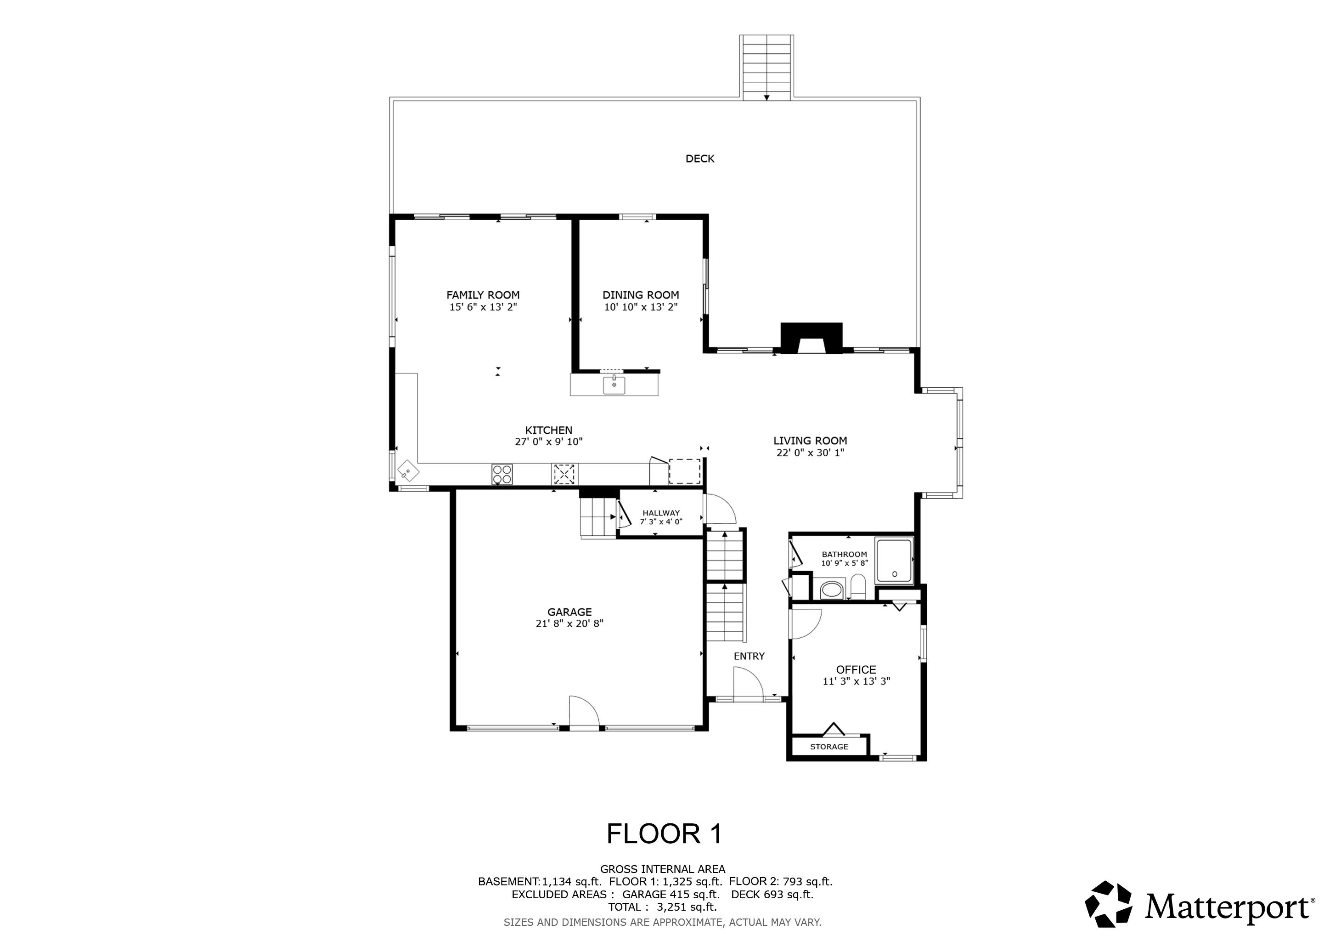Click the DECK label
click(700, 159)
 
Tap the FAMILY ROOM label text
click(483, 295)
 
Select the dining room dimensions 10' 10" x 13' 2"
click(641, 307)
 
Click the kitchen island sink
click(614, 385)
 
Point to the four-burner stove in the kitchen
click(502, 474)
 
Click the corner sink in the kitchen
click(408, 471)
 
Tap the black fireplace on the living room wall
click(812, 338)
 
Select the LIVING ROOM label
click(810, 441)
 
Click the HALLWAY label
click(661, 513)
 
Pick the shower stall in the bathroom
click(894, 560)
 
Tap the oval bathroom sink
click(833, 590)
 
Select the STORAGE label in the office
click(829, 747)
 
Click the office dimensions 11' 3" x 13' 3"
click(856, 681)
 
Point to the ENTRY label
click(749, 656)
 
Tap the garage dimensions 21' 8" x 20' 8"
click(569, 624)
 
